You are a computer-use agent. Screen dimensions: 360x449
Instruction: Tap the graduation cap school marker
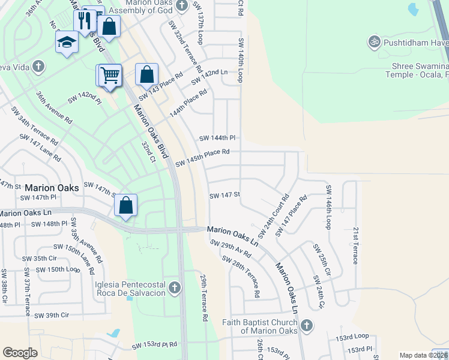point(67,43)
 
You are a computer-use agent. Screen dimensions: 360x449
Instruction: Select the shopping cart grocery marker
point(110,76)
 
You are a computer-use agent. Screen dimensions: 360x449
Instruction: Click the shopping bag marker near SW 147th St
point(126,206)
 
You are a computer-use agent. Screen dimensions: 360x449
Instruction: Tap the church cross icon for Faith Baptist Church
point(306,325)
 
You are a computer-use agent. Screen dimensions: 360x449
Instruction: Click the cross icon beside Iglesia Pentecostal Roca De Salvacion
point(175,287)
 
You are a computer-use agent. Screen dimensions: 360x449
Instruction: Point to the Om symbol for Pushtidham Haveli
point(374,42)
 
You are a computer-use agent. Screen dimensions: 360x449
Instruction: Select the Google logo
point(20,352)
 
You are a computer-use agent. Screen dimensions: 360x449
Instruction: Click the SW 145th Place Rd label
point(202,158)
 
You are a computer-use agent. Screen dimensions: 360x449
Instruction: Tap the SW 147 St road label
point(224,195)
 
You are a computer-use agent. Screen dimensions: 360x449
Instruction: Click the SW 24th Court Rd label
point(274,215)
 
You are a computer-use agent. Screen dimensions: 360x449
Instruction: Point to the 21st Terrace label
point(355,245)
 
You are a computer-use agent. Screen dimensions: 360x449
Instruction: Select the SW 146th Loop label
point(328,207)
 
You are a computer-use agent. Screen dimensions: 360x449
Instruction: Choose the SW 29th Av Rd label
point(231,248)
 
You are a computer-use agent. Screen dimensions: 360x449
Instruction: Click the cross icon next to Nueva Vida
point(38,66)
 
